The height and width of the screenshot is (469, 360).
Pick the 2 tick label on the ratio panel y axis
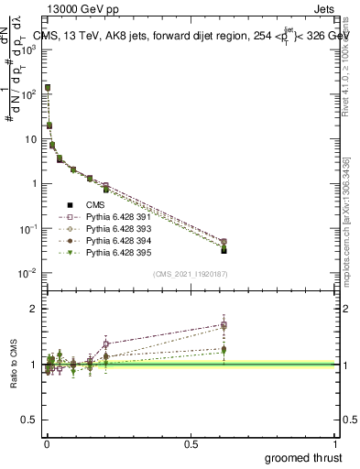pyautogui.click(x=35, y=310)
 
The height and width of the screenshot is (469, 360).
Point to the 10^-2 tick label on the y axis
pyautogui.click(x=29, y=273)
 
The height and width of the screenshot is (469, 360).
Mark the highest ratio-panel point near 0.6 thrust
pyautogui.click(x=224, y=324)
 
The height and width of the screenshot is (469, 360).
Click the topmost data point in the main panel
pyautogui.click(x=47, y=88)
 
